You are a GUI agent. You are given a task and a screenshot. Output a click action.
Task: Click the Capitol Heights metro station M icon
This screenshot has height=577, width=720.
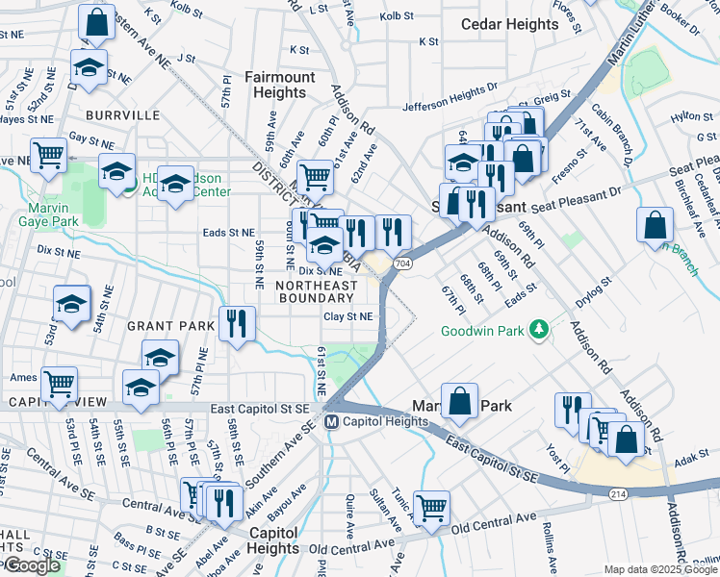(330, 421)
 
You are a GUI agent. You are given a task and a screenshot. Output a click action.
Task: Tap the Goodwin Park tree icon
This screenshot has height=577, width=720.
(542, 331)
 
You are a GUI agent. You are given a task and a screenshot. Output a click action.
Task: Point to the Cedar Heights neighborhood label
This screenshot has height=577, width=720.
(509, 24)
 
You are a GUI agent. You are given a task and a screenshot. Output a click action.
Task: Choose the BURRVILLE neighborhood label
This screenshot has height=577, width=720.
(122, 115)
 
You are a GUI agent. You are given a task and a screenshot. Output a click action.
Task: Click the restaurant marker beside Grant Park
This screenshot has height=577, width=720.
(237, 323)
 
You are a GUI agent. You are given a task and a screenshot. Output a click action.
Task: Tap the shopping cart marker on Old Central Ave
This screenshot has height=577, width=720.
(432, 506)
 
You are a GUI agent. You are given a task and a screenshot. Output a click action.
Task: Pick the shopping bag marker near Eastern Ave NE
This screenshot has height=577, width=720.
(96, 24)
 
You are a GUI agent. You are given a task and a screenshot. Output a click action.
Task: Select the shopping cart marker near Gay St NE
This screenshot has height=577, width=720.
(48, 155)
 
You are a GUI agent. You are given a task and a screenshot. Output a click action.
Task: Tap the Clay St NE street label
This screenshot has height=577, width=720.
(347, 315)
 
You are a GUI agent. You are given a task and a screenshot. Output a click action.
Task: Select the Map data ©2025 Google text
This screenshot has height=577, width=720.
(660, 569)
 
